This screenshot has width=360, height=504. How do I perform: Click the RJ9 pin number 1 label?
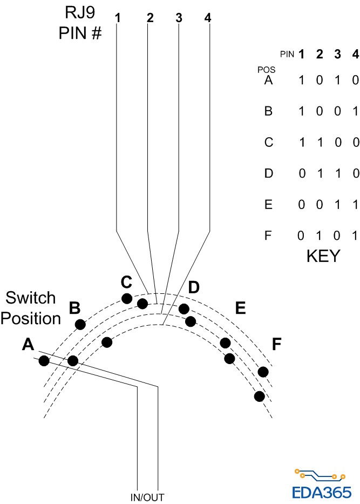tap(117, 17)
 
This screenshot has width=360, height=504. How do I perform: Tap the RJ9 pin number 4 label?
tap(208, 17)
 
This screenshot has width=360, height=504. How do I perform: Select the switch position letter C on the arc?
tap(126, 282)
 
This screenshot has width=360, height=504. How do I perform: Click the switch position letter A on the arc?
tap(28, 345)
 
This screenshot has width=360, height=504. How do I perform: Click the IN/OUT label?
tap(147, 497)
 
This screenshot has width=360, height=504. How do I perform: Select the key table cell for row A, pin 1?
tap(302, 80)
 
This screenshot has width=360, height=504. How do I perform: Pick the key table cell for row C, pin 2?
tap(320, 143)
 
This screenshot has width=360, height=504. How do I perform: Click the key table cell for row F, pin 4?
tap(355, 236)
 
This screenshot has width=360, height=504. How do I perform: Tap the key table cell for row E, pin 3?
tap(337, 205)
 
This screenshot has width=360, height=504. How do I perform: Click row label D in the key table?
tap(268, 174)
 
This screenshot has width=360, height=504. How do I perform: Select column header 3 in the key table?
tap(337, 54)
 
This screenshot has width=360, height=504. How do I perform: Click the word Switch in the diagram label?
tap(31, 298)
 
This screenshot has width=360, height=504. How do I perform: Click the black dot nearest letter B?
tap(80, 324)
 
